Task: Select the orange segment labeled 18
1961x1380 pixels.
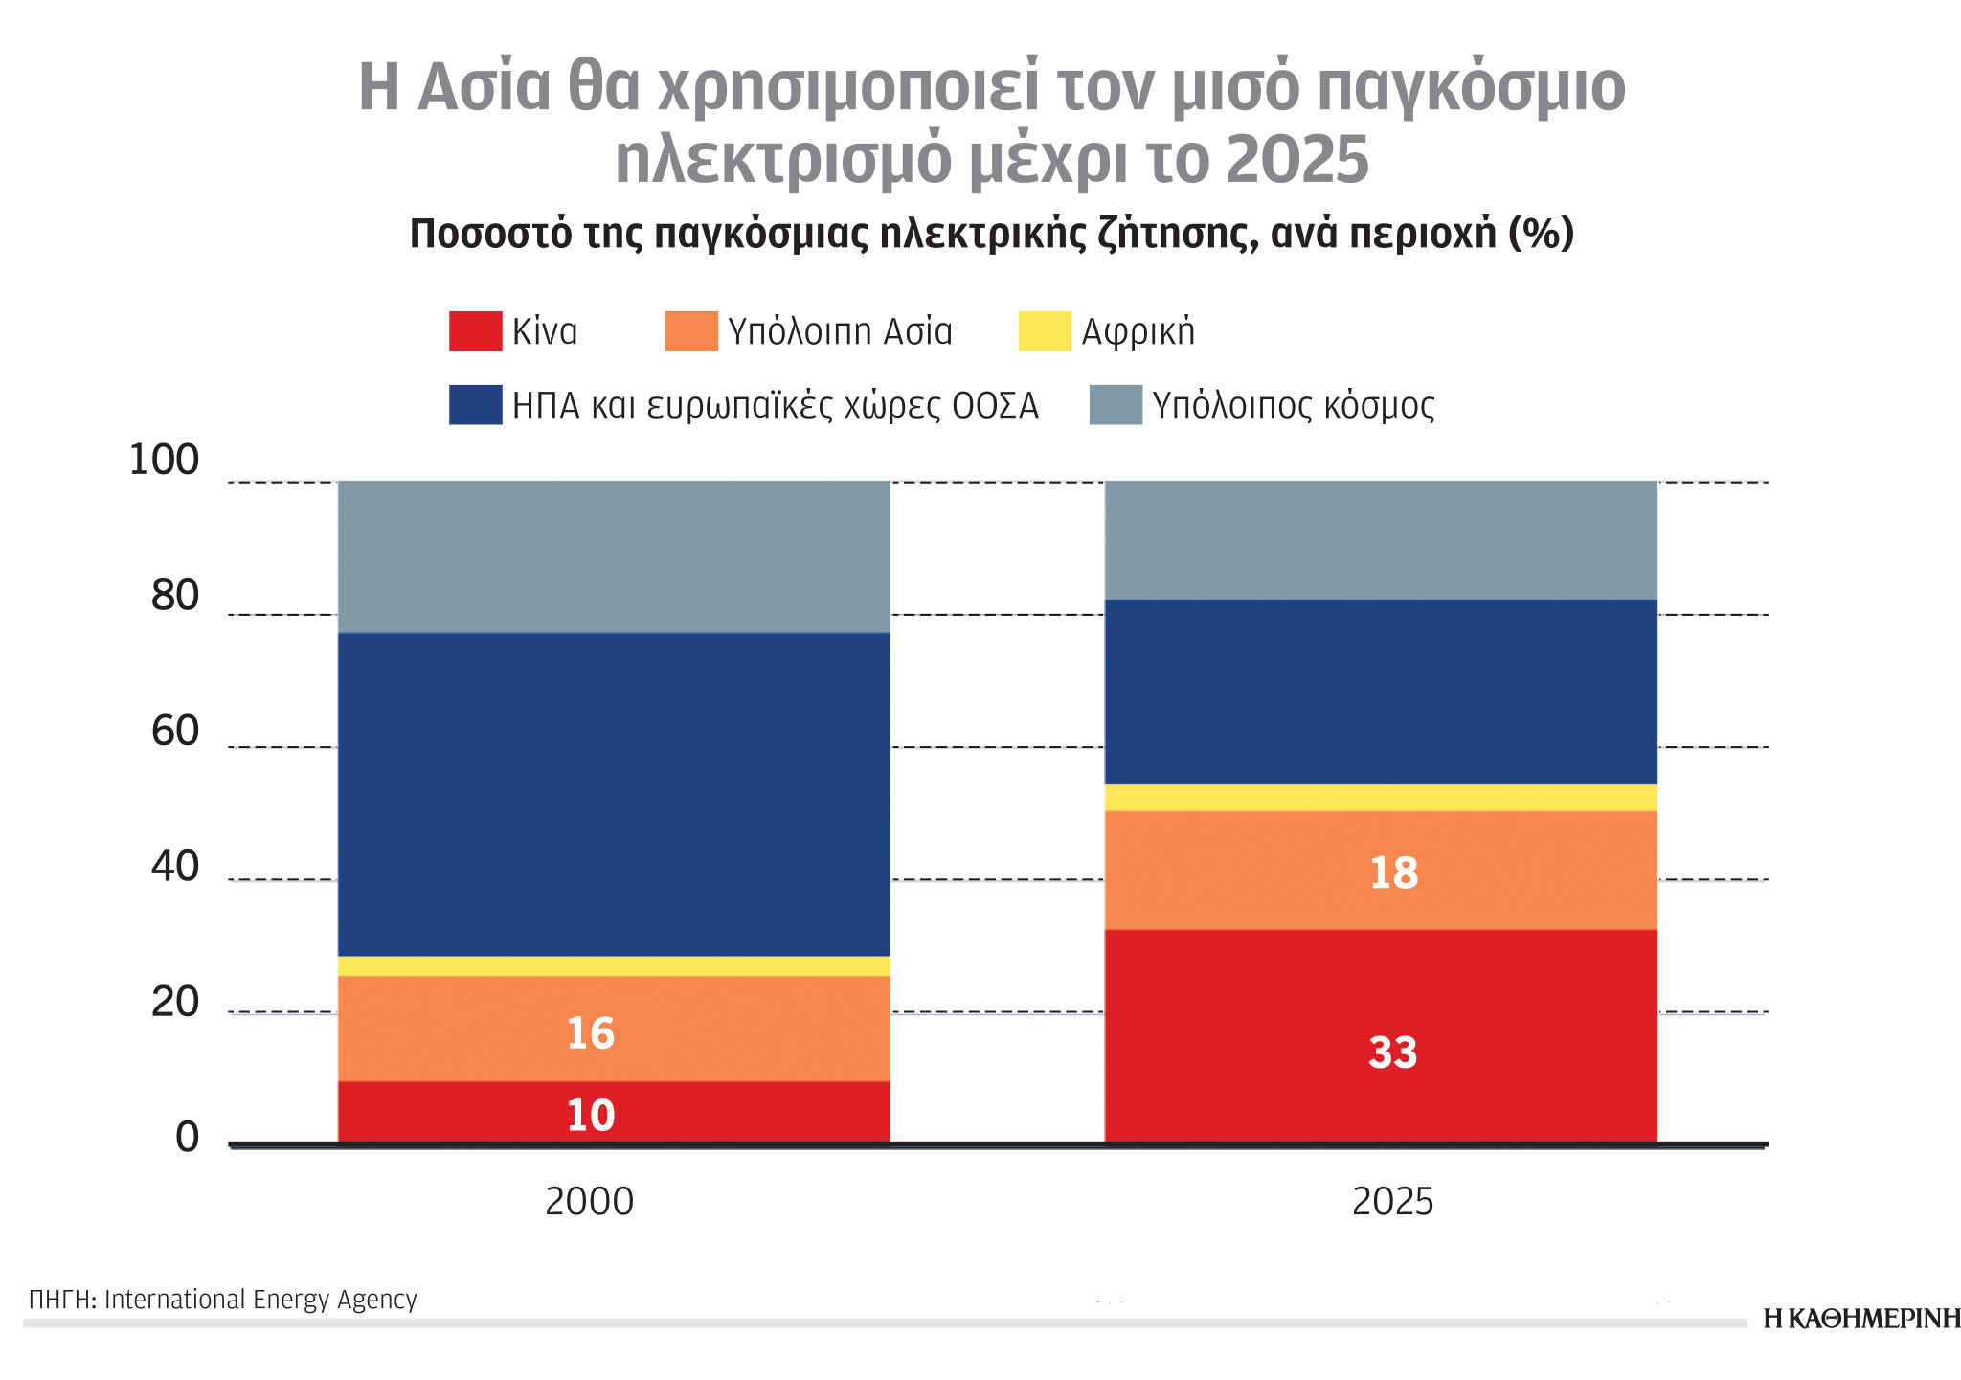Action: click(1245, 871)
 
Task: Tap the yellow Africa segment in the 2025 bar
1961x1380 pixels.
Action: click(1381, 798)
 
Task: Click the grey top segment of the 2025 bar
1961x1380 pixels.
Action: click(1381, 539)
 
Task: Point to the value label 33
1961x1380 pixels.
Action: click(1392, 1052)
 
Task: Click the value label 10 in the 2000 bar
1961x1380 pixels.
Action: click(590, 1116)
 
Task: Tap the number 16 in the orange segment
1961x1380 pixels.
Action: click(590, 1033)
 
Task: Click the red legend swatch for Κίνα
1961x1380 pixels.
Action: click(475, 331)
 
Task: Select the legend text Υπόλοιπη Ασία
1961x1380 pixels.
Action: click(840, 331)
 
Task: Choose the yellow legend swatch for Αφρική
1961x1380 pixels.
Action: click(1044, 331)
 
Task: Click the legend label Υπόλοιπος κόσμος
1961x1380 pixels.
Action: click(1293, 406)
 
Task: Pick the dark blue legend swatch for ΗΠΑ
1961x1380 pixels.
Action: click(475, 405)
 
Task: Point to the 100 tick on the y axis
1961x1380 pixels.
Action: click(164, 461)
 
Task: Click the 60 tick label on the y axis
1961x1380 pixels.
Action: click(174, 732)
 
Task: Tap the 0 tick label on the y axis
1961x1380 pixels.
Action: click(187, 1138)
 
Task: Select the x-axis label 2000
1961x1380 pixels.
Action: click(589, 1202)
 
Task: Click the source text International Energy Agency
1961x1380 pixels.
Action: click(260, 1300)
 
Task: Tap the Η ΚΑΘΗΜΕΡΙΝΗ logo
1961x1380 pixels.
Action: click(1860, 1319)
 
